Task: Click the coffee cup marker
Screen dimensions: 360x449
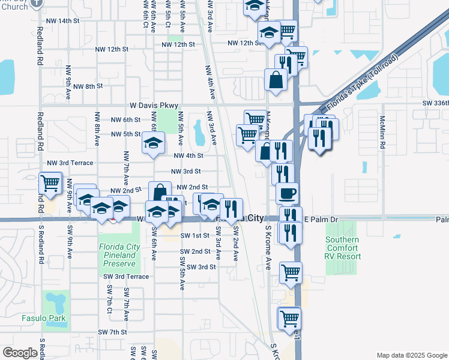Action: [288, 194]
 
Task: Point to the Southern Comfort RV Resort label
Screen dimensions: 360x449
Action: [343, 248]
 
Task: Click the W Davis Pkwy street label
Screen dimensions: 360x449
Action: [144, 106]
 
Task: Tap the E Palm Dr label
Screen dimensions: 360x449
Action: [322, 220]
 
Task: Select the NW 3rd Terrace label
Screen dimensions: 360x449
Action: [70, 163]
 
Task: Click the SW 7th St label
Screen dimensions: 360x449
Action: [114, 332]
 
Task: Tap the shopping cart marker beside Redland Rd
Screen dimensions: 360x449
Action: [50, 183]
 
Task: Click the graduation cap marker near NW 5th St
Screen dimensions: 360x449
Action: [153, 145]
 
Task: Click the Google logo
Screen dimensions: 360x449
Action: [20, 353]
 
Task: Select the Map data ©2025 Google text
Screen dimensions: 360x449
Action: [411, 355]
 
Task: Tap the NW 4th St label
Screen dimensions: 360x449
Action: [188, 155]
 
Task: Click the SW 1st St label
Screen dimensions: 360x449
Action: [194, 236]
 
